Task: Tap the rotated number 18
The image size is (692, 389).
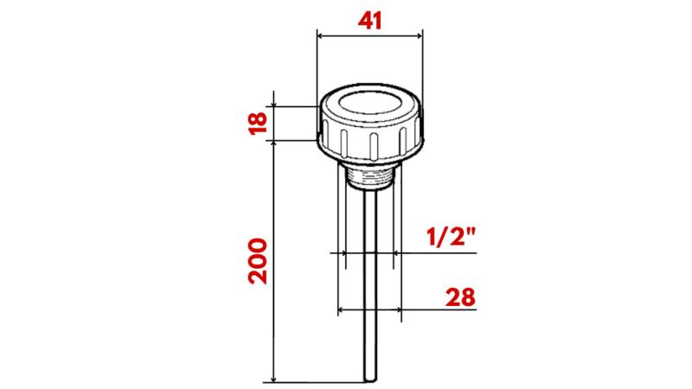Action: click(257, 122)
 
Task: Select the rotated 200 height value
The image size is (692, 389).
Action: click(258, 261)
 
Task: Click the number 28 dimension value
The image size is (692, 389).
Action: click(462, 297)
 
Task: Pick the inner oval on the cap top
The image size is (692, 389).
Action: click(370, 108)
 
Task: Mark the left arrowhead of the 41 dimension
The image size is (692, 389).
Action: click(321, 36)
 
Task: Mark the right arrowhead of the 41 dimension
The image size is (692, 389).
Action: click(420, 36)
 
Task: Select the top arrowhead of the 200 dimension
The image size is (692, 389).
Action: click(273, 146)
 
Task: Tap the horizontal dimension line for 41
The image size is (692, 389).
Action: click(370, 36)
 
